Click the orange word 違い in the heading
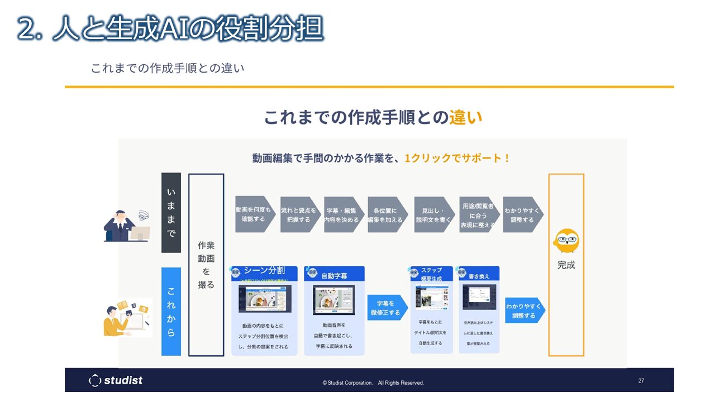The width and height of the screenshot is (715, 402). coord(465,117)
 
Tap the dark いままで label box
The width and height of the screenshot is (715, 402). coord(171,213)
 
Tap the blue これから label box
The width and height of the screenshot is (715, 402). coord(171,312)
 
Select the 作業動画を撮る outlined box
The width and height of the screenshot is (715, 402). coord(206,265)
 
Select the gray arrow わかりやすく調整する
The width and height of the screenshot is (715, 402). coord(522,214)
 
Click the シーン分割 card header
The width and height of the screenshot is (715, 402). coord(265,273)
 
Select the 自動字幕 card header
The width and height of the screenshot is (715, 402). coord(334,274)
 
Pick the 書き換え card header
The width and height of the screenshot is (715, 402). coord(479,274)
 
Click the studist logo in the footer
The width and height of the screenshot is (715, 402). coord(116,380)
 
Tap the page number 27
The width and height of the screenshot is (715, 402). coord(641,381)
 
